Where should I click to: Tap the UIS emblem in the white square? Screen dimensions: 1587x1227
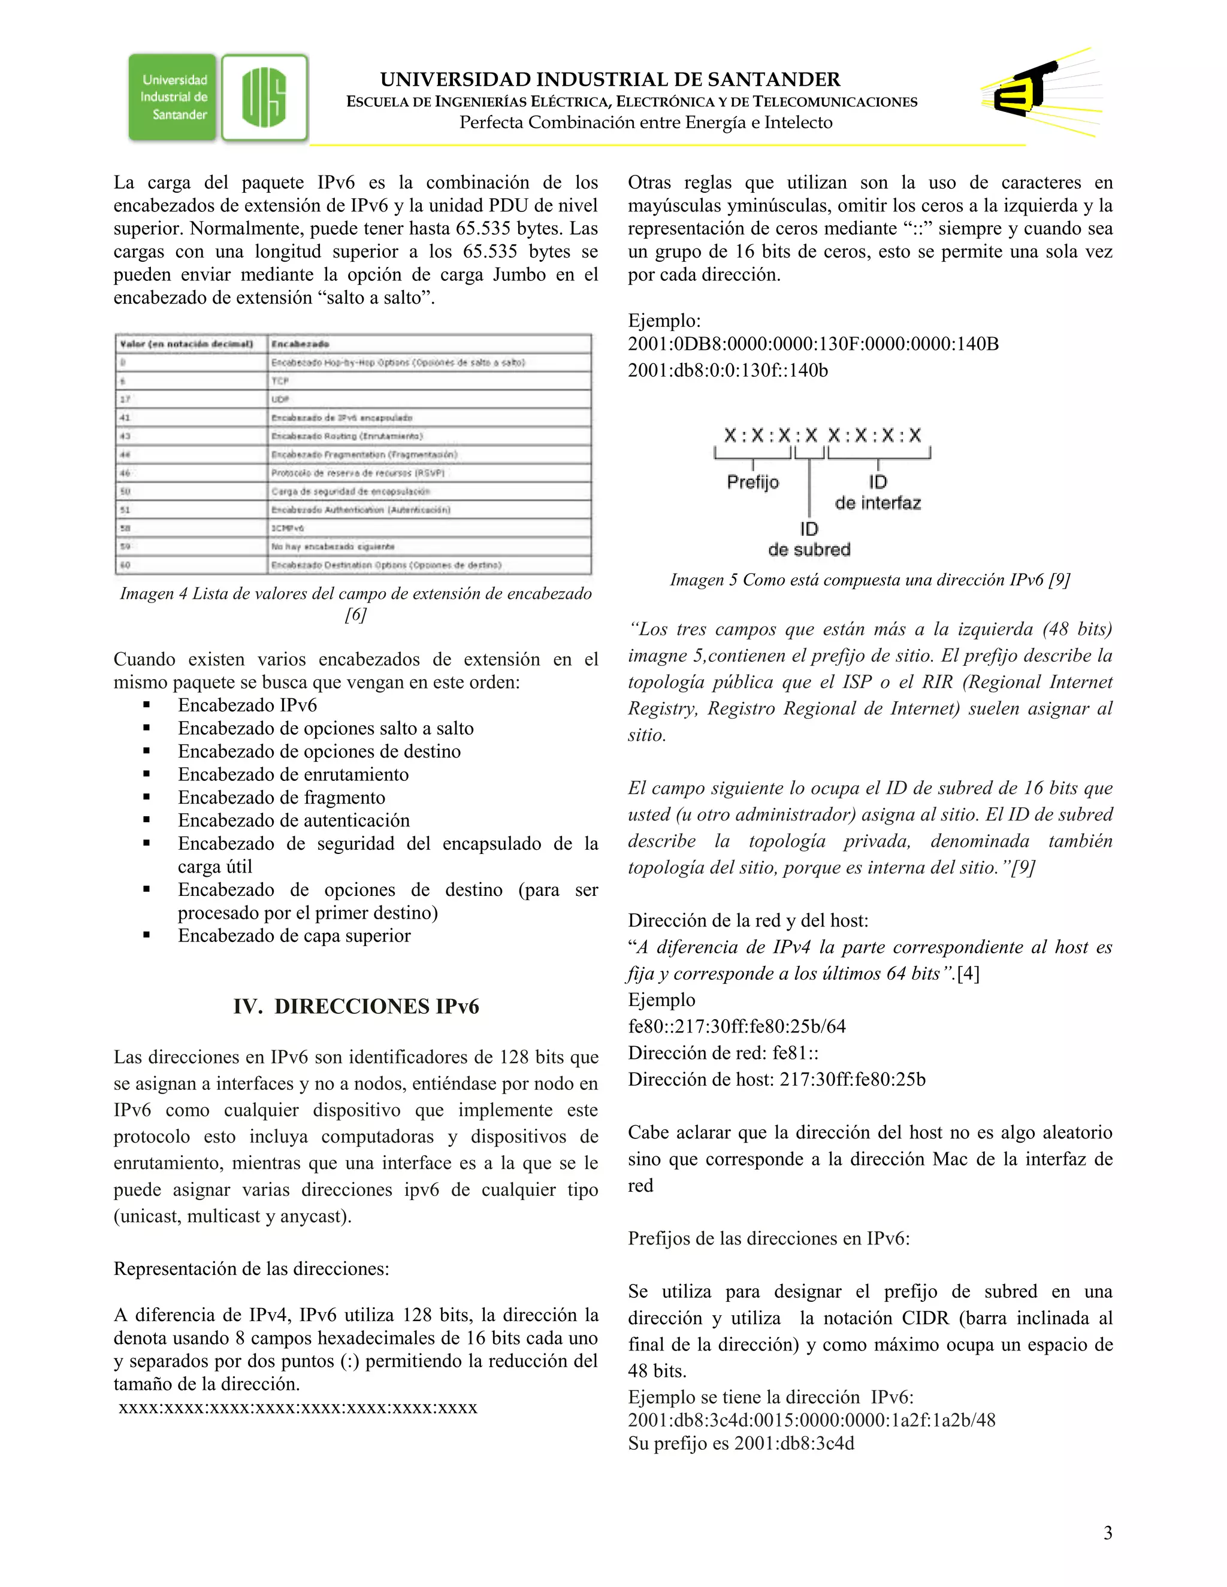click(265, 98)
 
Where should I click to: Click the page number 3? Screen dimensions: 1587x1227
click(1107, 1533)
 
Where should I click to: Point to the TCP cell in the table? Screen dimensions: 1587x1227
click(280, 381)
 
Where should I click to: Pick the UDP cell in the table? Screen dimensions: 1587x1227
click(280, 399)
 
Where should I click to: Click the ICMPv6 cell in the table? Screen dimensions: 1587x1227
click(288, 528)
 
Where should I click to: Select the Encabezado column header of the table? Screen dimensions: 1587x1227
click(300, 344)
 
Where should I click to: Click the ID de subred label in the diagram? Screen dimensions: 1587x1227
click(809, 539)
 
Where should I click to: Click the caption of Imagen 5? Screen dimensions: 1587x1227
click(869, 580)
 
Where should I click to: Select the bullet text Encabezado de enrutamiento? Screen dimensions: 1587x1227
click(293, 774)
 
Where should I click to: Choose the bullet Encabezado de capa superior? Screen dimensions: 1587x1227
click(294, 936)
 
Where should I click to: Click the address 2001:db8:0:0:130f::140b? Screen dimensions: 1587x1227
click(727, 371)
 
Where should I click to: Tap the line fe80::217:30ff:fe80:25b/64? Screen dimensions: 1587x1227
click(736, 1026)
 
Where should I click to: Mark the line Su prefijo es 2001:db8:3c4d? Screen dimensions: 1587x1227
click(741, 1443)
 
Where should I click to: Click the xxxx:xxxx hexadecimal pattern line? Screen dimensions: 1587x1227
click(297, 1407)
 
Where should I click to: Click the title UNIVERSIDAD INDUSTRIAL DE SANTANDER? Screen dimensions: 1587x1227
click(610, 79)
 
